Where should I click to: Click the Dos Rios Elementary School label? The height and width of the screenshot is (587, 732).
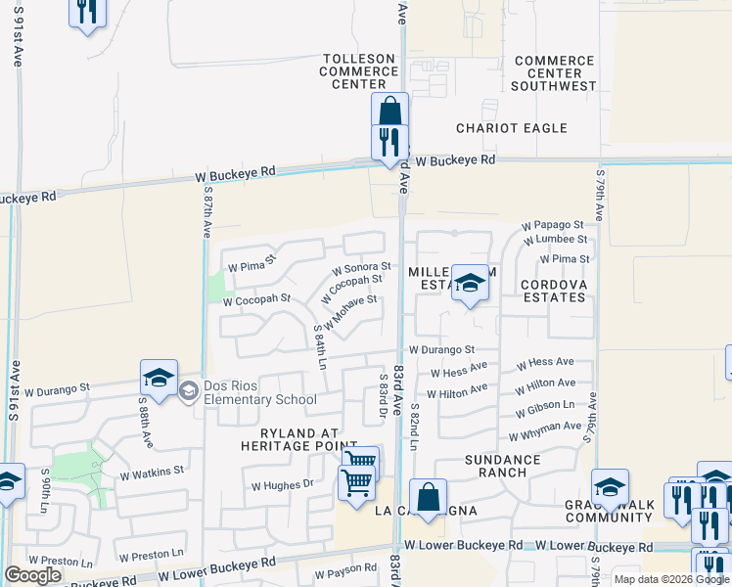(x=260, y=392)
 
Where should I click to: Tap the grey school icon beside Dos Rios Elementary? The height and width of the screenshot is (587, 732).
(x=188, y=391)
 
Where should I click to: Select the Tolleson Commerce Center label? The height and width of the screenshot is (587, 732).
(x=358, y=71)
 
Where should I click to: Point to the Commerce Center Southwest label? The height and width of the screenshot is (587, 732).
(x=554, y=73)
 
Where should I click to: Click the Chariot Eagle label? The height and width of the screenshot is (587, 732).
(x=511, y=128)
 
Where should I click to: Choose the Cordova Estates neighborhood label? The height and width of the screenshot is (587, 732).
(x=553, y=292)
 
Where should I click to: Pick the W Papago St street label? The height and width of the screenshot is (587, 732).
(x=553, y=225)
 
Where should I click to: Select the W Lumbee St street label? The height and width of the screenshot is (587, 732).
(x=555, y=239)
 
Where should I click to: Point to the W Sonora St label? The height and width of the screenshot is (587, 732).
(x=361, y=266)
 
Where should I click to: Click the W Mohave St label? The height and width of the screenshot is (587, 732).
(x=350, y=310)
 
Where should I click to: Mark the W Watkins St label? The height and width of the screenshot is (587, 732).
(x=152, y=472)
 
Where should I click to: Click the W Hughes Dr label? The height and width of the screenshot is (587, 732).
(x=282, y=484)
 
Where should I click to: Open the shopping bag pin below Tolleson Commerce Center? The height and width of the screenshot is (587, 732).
(x=389, y=110)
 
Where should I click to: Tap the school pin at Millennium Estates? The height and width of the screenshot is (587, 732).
(x=470, y=284)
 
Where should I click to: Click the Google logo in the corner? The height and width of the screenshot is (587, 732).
(x=32, y=575)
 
